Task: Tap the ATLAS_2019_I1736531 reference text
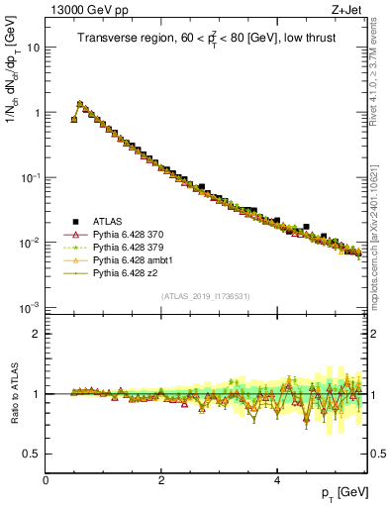(205, 296)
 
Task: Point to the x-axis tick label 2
(161, 480)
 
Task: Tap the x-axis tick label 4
(277, 480)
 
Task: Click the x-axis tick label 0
(47, 480)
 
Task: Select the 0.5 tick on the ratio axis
(32, 454)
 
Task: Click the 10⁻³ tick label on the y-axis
(30, 307)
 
